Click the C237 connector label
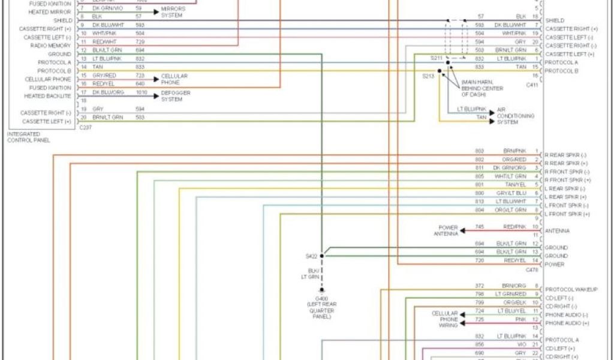[x=85, y=127]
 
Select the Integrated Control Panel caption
[x=29, y=137]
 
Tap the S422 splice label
[x=311, y=256]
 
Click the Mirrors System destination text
[x=173, y=12]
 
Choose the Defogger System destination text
[x=173, y=96]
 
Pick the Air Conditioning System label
[x=514, y=116]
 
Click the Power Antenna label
[x=448, y=231]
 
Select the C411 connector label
[x=532, y=85]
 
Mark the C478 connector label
[x=532, y=271]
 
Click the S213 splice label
[x=428, y=76]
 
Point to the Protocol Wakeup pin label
[x=571, y=289]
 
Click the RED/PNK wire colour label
[x=514, y=227]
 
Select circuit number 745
[x=480, y=227]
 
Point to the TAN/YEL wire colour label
[x=515, y=184]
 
